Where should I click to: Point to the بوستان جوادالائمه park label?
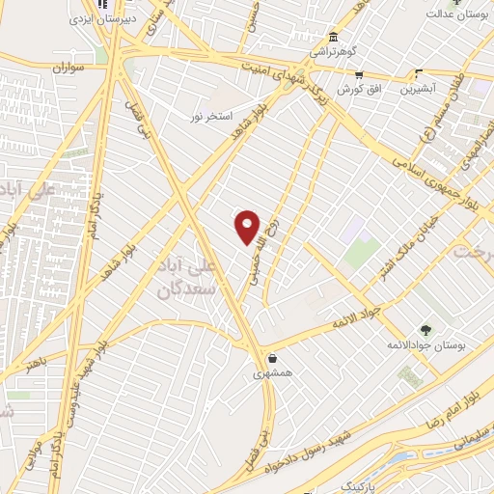point(426,344)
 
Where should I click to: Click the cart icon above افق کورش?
point(359,73)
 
